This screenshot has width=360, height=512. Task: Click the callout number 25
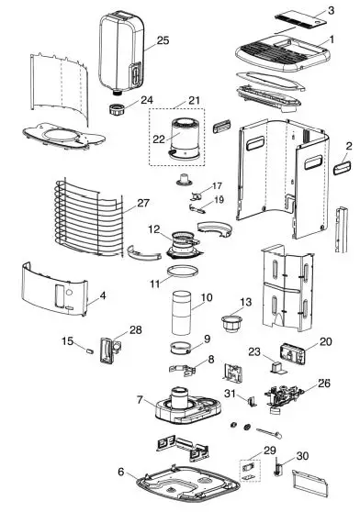point(163,40)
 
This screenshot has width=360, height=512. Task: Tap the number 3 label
point(331,10)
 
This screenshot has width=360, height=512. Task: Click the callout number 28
point(136,329)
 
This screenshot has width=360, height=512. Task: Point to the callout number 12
point(155,228)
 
